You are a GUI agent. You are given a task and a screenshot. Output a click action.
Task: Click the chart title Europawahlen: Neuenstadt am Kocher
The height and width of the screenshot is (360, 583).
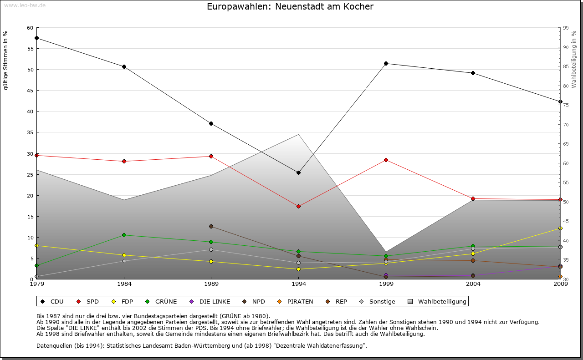click(290, 7)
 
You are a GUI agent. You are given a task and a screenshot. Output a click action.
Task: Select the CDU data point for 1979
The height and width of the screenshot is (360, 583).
click(36, 38)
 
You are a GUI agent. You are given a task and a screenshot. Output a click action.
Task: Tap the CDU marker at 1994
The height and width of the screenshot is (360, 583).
click(298, 172)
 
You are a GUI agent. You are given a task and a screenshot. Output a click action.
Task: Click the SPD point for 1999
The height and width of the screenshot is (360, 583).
click(386, 160)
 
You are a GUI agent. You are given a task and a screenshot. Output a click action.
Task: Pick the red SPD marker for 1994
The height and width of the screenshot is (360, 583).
click(298, 206)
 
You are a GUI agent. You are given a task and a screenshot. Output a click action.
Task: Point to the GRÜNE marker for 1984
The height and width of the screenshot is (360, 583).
click(124, 235)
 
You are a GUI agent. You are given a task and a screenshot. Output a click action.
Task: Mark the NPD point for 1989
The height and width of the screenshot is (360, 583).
click(211, 226)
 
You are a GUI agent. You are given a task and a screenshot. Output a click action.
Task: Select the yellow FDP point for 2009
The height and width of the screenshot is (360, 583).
click(560, 228)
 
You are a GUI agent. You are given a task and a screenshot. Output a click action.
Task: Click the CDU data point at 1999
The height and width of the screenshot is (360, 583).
click(386, 63)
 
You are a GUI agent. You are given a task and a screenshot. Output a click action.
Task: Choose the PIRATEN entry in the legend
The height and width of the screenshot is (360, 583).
click(296, 301)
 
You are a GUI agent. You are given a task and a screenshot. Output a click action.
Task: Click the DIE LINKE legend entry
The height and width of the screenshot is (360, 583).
click(210, 301)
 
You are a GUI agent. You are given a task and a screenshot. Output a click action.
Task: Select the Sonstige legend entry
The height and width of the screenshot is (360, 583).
click(378, 301)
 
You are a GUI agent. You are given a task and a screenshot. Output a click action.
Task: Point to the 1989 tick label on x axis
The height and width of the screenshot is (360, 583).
click(211, 284)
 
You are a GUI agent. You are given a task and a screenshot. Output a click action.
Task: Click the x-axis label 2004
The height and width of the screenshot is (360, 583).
click(473, 284)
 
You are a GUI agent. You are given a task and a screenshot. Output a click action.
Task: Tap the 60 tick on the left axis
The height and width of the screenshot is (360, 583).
click(30, 28)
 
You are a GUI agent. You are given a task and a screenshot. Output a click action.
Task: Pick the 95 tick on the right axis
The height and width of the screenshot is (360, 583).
click(565, 28)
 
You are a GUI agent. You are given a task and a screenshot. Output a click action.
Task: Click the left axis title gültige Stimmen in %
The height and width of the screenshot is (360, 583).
click(6, 60)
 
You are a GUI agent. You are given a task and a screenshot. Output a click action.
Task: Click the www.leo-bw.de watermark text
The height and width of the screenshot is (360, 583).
click(24, 5)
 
